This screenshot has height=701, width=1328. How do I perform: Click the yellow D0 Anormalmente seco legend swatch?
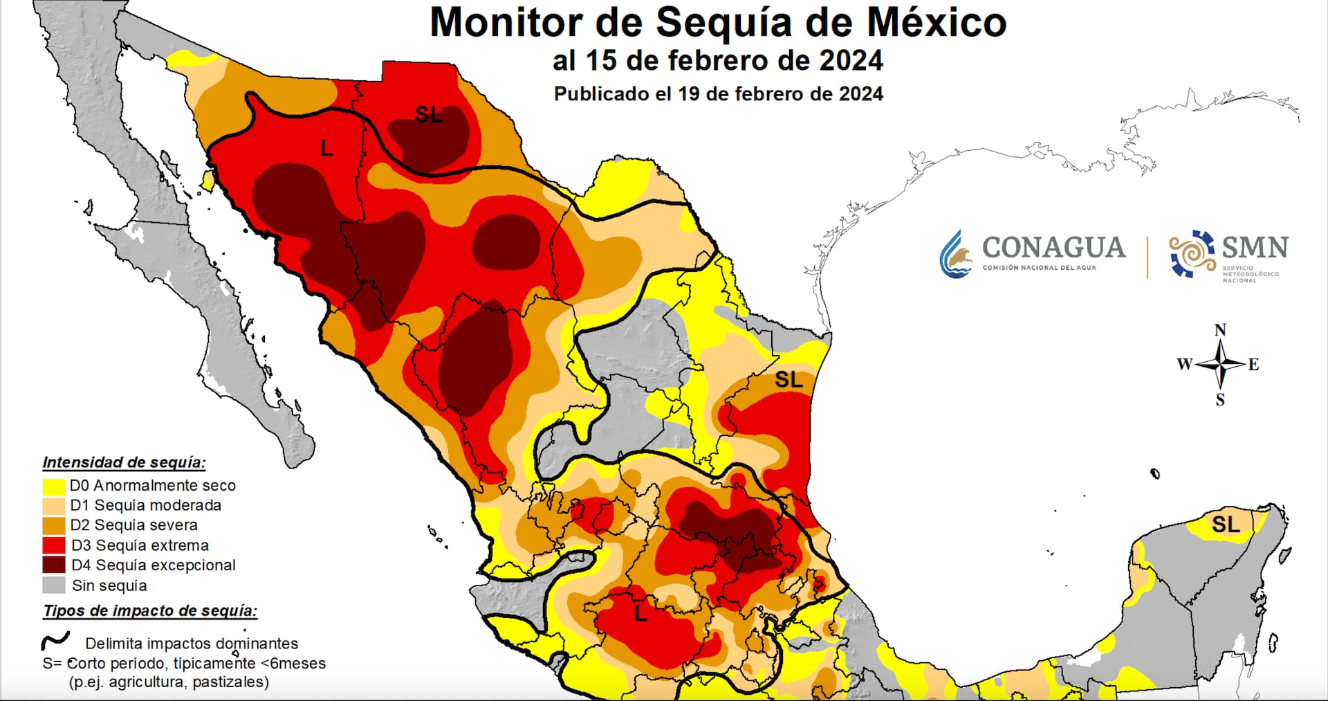(x=54, y=486)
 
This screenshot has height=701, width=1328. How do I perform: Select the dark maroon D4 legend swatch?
(x=54, y=565)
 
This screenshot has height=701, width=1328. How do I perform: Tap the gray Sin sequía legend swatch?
(x=54, y=585)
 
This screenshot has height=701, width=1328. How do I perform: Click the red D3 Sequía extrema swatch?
(x=54, y=545)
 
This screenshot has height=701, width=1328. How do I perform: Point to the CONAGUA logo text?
(x=1053, y=248)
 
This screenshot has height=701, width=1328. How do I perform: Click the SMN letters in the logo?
(x=1255, y=247)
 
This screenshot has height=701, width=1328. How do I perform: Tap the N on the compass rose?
(x=1220, y=330)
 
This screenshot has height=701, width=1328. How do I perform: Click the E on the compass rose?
(x=1253, y=365)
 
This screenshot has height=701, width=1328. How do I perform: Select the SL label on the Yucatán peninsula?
(x=1226, y=525)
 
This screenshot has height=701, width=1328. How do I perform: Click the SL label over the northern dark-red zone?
(x=429, y=114)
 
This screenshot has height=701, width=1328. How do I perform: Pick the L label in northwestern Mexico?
(x=326, y=148)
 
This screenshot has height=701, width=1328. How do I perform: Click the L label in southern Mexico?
(x=640, y=613)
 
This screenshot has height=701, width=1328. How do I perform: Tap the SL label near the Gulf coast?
(x=788, y=379)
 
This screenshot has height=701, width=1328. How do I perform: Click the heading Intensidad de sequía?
(x=124, y=462)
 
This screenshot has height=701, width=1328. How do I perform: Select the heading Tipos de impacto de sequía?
(x=150, y=610)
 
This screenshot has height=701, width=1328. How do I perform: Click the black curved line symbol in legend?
(x=56, y=641)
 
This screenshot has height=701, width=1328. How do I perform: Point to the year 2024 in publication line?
(x=860, y=94)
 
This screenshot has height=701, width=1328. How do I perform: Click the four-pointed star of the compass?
(x=1221, y=363)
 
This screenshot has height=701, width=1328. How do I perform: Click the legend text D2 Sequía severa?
(x=134, y=525)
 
